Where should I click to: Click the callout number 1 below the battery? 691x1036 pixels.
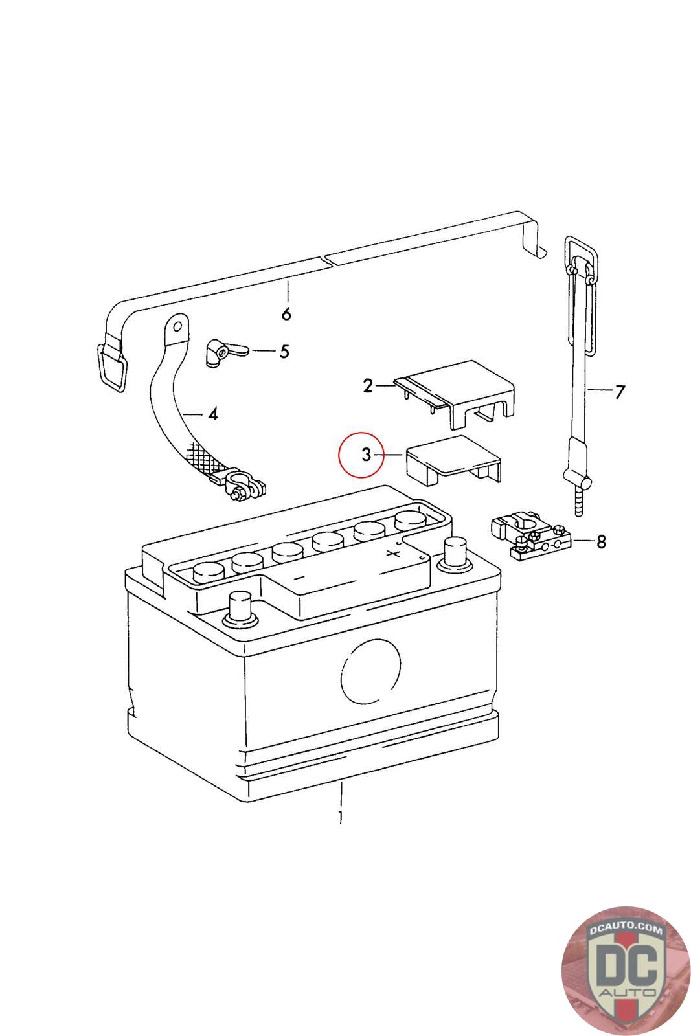click(340, 816)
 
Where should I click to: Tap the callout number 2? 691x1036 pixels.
click(368, 387)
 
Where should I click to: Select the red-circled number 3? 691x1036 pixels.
click(366, 455)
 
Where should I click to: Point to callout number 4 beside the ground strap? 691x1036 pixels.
click(213, 413)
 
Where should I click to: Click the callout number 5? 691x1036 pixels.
click(284, 352)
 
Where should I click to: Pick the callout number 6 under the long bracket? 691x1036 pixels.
click(286, 314)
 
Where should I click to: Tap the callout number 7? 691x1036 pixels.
click(620, 391)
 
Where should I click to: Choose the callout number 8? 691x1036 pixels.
click(601, 541)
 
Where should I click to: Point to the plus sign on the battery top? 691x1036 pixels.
click(391, 554)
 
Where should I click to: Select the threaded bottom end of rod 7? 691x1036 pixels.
click(579, 502)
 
